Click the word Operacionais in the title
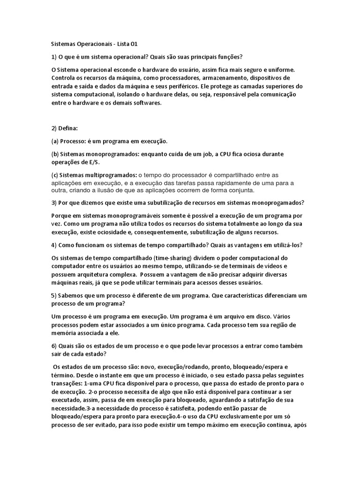point(93,44)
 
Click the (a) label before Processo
point(55,141)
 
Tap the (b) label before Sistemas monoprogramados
point(55,154)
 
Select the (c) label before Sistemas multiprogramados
point(55,174)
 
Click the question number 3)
point(53,203)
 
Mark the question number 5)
point(53,295)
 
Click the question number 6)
point(53,345)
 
